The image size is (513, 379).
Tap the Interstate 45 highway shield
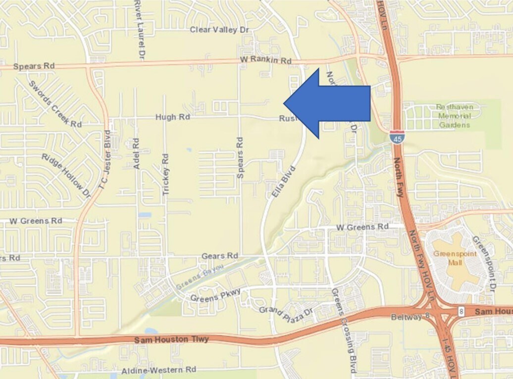[x=396, y=137]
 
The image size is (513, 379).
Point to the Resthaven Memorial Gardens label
[x=454, y=116]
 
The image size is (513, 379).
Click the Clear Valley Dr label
[x=219, y=30]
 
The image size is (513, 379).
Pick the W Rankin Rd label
[x=265, y=60]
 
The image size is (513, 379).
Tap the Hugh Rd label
[x=173, y=117]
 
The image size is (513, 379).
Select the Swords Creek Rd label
[x=55, y=104]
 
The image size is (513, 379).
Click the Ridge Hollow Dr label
[x=66, y=175]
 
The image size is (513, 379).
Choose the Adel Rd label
[x=137, y=154]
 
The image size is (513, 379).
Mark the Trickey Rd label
[x=166, y=174]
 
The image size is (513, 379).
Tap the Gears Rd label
[x=220, y=256]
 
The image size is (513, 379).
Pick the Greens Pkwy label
[x=215, y=295]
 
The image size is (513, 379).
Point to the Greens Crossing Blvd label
[x=344, y=331]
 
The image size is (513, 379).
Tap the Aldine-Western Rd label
[x=159, y=370]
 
